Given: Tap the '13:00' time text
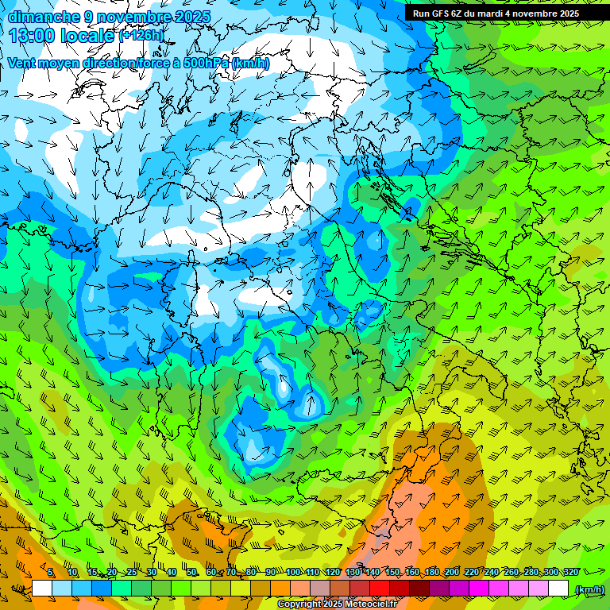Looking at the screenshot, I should [x=33, y=36].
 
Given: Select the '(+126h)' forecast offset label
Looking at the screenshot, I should [x=141, y=36].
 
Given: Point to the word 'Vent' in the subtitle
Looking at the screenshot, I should [x=22, y=63].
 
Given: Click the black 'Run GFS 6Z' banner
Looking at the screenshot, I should [x=496, y=14].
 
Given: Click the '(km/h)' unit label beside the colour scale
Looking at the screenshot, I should [x=589, y=589].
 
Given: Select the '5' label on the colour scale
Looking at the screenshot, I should [x=52, y=572].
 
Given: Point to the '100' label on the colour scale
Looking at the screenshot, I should [x=293, y=572].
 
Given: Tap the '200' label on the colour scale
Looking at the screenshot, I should [x=452, y=572].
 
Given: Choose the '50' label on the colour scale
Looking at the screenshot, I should [x=191, y=572].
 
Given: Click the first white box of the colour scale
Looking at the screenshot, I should [x=42, y=589].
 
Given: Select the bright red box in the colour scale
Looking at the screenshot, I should [x=380, y=589].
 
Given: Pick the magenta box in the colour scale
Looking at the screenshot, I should [x=479, y=589].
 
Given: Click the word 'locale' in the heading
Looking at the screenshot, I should [x=87, y=36].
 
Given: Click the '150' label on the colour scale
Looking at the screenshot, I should [x=392, y=572].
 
